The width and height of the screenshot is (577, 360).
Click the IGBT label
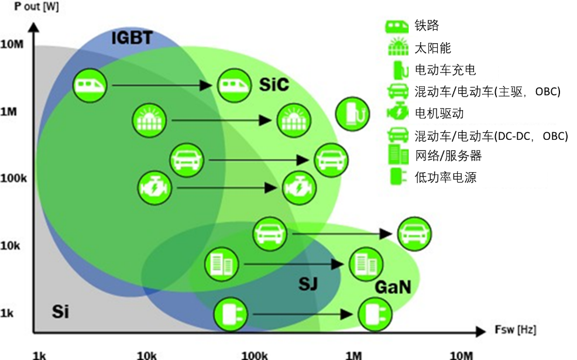[132, 39]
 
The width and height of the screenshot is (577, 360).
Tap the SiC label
[274, 85]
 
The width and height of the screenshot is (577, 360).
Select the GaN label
[392, 287]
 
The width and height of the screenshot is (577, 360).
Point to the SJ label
[308, 284]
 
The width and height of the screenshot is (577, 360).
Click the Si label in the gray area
[60, 311]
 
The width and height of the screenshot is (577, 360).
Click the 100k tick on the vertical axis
[13, 178]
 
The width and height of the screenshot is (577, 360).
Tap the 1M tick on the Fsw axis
[353, 355]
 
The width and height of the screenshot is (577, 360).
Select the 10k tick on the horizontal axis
[146, 355]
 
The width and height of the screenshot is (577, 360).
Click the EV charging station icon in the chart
[352, 114]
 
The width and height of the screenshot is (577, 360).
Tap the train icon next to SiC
[235, 85]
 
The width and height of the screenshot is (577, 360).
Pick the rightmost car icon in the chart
[415, 234]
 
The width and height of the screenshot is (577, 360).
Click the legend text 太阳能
[432, 48]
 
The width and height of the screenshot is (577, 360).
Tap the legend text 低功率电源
[445, 177]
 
